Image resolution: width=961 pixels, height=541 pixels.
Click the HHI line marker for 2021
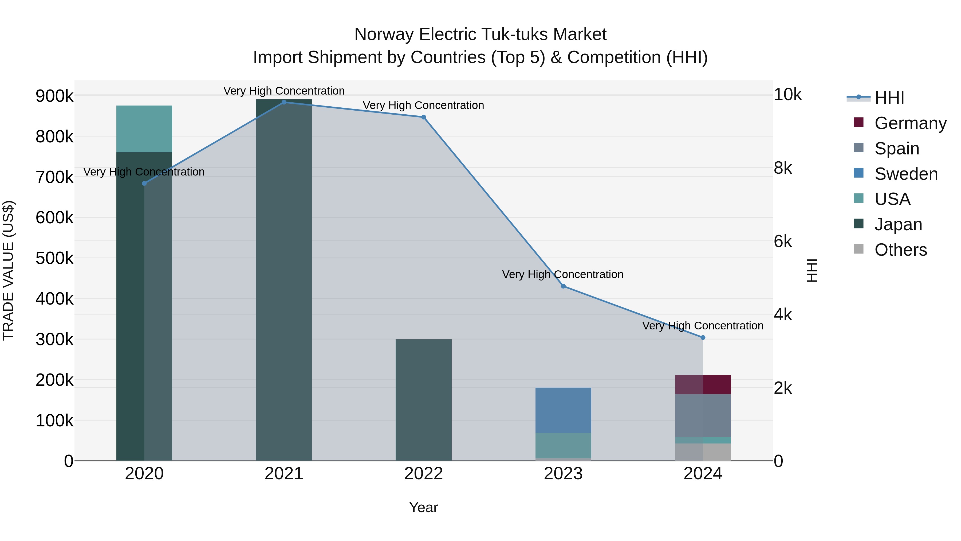coord(284,102)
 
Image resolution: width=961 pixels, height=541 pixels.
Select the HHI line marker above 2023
coord(563,286)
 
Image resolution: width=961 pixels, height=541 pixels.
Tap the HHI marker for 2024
coord(703,337)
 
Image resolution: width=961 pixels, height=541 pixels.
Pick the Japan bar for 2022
coord(423,399)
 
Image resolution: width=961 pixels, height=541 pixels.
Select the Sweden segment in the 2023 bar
coord(563,410)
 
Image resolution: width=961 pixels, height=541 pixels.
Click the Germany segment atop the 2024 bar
coord(703,384)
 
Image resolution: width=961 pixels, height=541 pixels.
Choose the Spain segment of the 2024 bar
coord(703,415)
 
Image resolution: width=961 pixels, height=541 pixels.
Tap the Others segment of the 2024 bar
coord(703,452)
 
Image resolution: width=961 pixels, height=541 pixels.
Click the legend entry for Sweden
coord(906,174)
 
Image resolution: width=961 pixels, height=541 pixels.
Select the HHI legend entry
coord(889,98)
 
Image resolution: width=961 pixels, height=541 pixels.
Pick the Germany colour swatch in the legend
coord(858,122)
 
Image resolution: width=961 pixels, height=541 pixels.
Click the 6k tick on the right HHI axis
coord(783,242)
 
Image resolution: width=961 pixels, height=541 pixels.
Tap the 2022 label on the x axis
coord(423,474)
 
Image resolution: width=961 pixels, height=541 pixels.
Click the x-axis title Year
coord(423,507)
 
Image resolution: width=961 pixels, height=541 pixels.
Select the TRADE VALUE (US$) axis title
coord(8,270)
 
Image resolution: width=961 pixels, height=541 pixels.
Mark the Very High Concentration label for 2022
coord(423,105)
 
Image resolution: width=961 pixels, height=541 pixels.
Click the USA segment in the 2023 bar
coord(563,445)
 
